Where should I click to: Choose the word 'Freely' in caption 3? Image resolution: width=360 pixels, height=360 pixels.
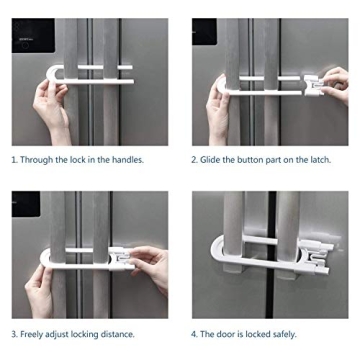(x=40, y=333)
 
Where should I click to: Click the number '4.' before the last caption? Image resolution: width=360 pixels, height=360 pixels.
(x=195, y=333)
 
